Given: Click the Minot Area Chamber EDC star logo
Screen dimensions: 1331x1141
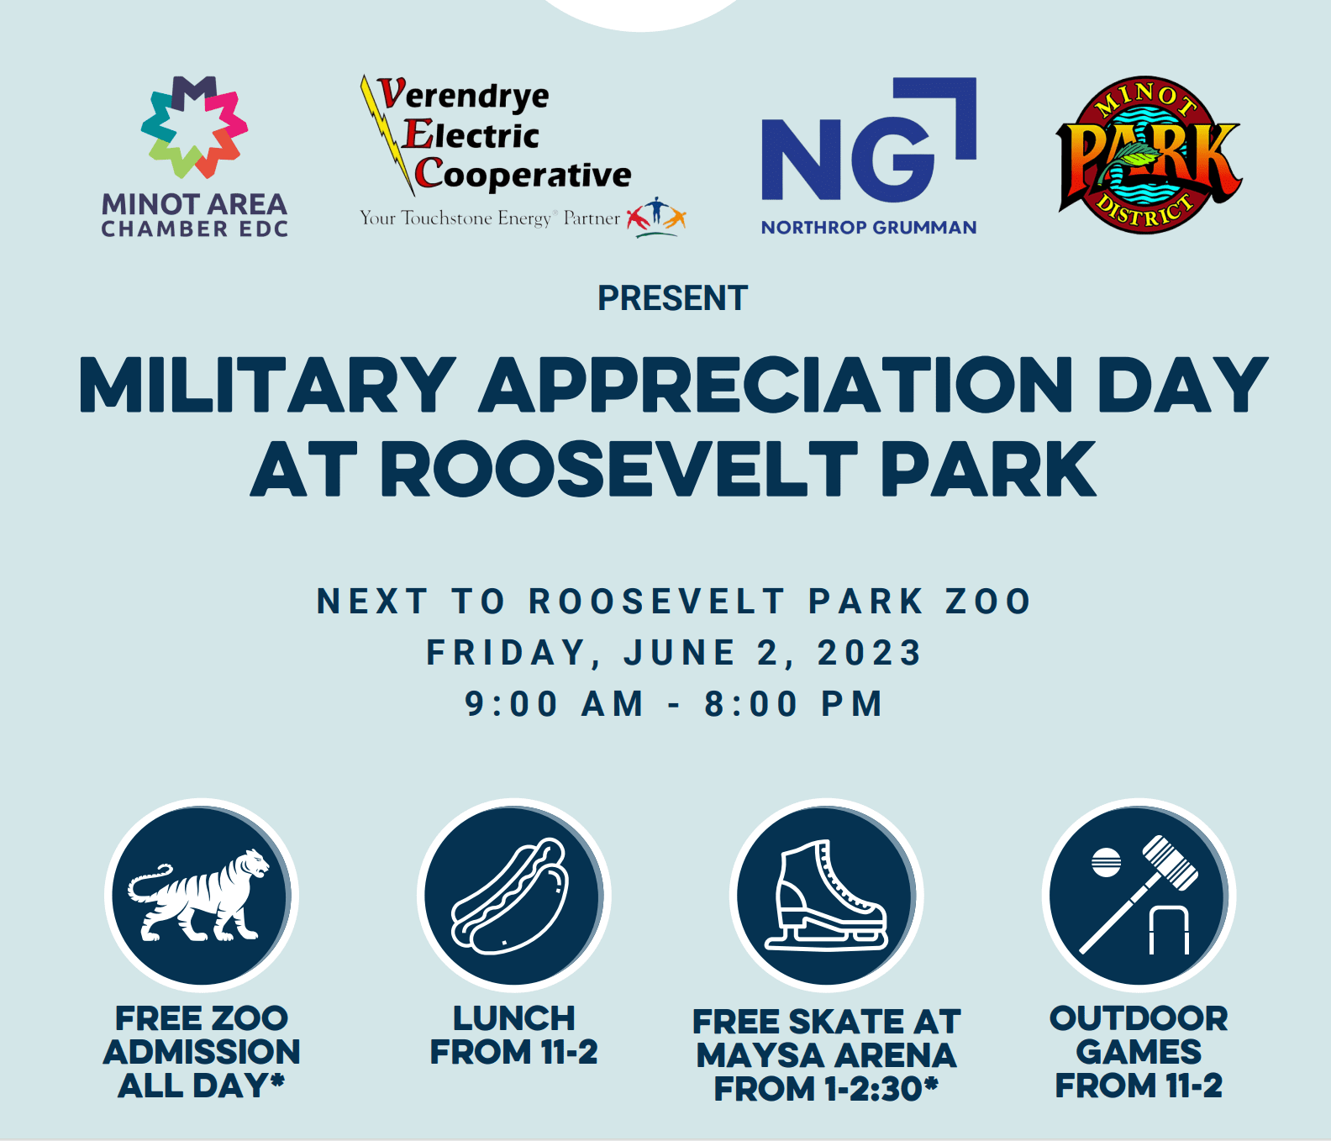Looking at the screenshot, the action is (194, 127).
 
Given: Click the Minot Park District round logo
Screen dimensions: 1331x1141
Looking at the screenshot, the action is (1149, 155).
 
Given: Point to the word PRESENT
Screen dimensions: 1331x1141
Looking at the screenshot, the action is (672, 298).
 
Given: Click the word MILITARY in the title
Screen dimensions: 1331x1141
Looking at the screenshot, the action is (267, 385).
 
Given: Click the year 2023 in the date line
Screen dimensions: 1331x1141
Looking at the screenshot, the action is (870, 653).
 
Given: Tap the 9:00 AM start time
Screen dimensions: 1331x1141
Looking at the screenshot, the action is (554, 704).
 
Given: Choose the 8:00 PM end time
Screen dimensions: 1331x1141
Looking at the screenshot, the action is (793, 704).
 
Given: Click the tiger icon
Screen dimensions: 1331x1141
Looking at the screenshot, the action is (198, 895).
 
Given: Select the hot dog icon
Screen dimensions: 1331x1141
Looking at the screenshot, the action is (510, 896).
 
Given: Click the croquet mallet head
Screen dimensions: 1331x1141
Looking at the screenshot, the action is (1170, 863).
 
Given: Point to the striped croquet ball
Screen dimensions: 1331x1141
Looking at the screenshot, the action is (1106, 863).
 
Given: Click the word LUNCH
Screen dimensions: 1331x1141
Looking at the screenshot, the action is (514, 1018).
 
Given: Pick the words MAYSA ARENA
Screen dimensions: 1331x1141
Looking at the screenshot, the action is (827, 1055).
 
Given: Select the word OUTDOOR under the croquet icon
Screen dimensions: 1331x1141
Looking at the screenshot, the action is (1139, 1018).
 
